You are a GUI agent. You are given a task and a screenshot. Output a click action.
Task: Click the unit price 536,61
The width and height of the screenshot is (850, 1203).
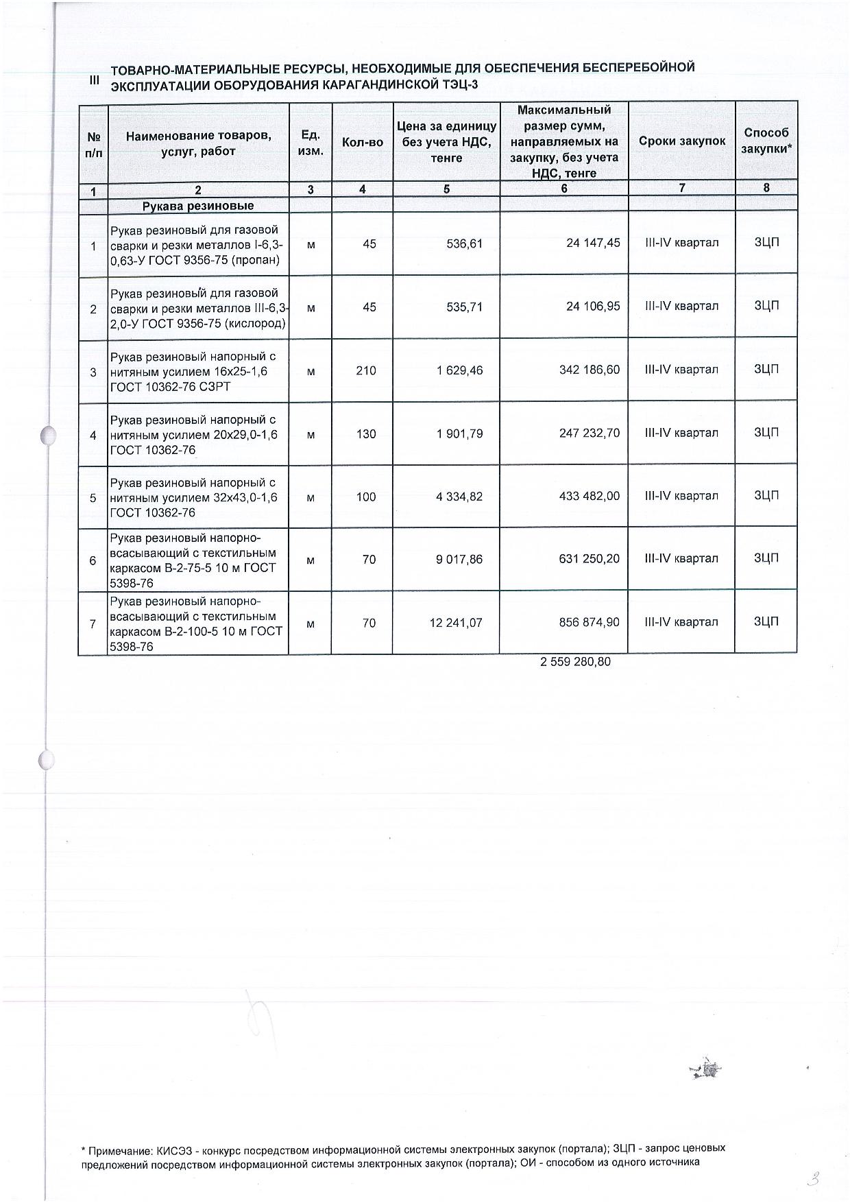click(464, 243)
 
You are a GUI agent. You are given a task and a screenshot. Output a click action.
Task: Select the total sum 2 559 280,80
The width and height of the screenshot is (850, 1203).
click(575, 662)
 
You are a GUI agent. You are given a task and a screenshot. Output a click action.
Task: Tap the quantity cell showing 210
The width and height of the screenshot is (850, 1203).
click(366, 370)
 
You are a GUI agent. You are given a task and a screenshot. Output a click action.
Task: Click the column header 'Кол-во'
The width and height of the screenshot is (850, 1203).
click(362, 143)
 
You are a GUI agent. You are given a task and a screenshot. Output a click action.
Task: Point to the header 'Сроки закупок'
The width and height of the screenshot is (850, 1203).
click(681, 141)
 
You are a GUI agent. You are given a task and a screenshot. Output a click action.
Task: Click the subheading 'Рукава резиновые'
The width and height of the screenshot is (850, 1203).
click(197, 206)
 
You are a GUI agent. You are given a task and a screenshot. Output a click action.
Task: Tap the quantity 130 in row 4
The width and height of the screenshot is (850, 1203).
click(366, 433)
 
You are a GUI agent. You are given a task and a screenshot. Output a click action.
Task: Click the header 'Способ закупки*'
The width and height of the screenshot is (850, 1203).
click(766, 141)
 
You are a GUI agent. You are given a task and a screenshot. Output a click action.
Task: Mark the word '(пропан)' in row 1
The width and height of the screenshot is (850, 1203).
click(256, 260)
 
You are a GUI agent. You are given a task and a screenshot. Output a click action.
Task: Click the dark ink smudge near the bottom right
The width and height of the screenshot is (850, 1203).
click(707, 1068)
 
